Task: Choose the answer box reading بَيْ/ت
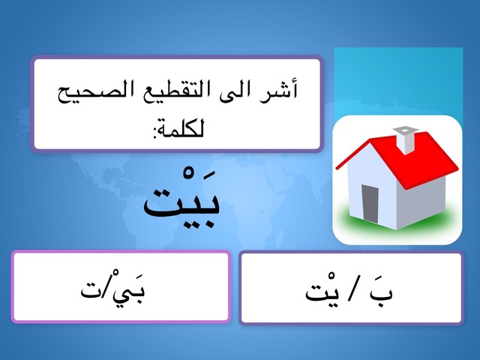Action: click(x=121, y=286)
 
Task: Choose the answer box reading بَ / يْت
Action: click(x=351, y=287)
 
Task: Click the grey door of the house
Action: click(x=370, y=204)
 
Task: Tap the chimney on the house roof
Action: click(x=406, y=140)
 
